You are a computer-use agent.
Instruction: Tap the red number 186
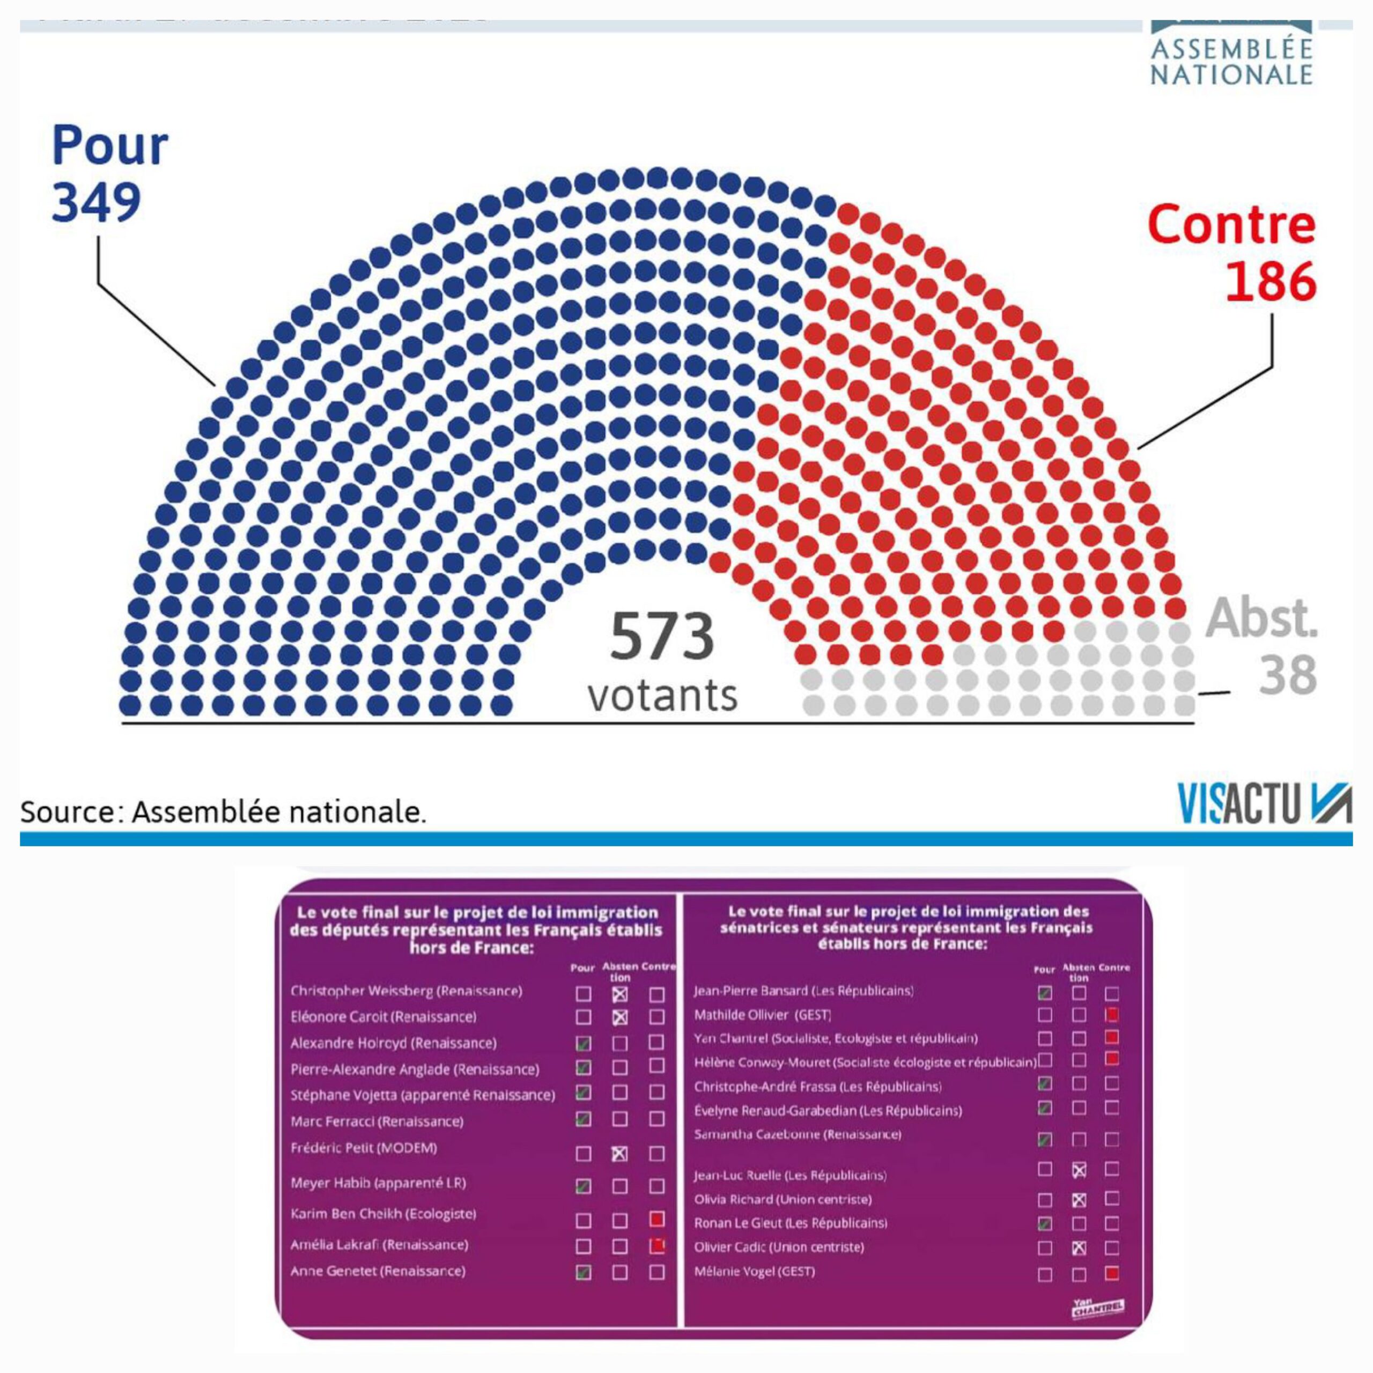pos(1271,282)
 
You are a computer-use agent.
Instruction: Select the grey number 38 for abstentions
pos(1288,674)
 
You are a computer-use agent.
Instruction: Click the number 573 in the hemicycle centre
pos(662,637)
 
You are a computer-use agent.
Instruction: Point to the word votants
pos(662,696)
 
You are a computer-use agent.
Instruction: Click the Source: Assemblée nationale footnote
pos(223,811)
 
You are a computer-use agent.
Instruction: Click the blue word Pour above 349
pos(110,146)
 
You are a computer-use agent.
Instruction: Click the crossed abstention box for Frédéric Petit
pos(619,1154)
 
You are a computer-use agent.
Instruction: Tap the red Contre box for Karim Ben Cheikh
pos(656,1220)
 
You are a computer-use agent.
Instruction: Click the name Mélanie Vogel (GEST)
pos(754,1272)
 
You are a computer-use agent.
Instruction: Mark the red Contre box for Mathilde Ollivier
pos(1112,1015)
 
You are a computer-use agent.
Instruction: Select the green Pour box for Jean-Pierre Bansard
pos(1045,993)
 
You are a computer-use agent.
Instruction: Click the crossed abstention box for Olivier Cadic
pos(1079,1247)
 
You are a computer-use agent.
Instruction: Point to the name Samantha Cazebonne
pos(798,1134)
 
